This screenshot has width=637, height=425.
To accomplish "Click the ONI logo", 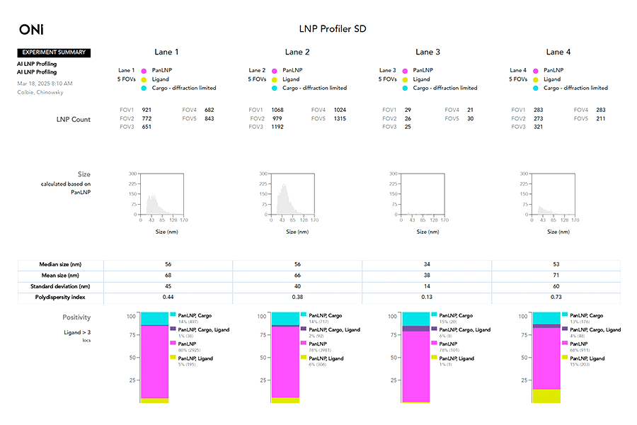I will point(31,29).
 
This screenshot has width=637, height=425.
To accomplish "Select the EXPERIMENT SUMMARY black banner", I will point(54,52).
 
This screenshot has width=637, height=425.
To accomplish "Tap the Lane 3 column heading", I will point(427,52).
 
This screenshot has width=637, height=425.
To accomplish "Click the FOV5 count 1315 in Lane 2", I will point(340,118).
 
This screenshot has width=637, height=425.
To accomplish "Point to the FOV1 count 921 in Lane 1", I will point(147,110).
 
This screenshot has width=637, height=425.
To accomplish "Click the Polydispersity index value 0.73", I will point(556,297).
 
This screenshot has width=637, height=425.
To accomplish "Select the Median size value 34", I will point(427,264).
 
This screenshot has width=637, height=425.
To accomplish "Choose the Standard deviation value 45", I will point(168,286).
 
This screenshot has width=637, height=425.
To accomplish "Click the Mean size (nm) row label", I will point(59,276).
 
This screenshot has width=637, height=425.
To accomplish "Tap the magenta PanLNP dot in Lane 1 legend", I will point(143,71).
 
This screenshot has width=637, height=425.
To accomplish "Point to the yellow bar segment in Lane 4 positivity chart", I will point(546,396).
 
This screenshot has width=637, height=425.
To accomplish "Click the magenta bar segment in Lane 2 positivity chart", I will point(285,361).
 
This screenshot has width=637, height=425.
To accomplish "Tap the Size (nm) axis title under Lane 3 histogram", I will point(422,232).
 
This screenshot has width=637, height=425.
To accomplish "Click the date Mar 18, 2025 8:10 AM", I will point(45,84).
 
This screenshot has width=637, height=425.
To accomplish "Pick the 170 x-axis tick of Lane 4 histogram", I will point(575,220).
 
